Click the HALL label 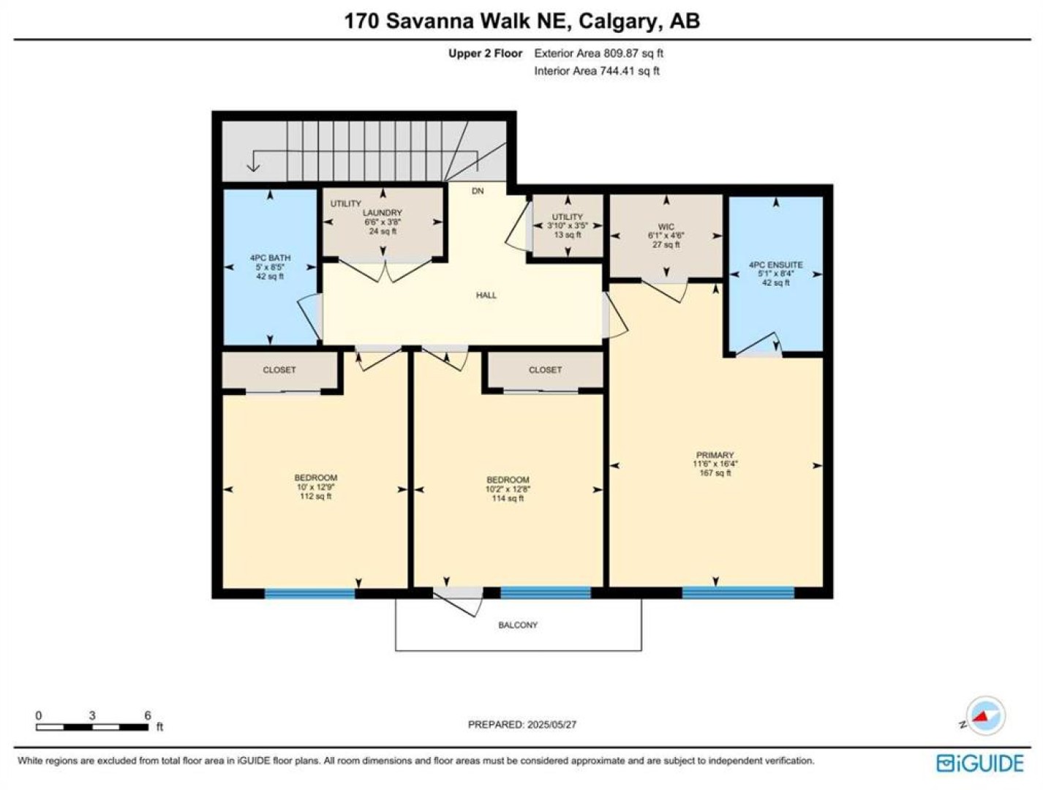pyautogui.click(x=486, y=295)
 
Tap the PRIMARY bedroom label pyautogui.click(x=715, y=455)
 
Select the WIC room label pyautogui.click(x=666, y=227)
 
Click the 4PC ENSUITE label pyautogui.click(x=775, y=265)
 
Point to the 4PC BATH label pyautogui.click(x=270, y=258)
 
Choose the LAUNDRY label pyautogui.click(x=383, y=213)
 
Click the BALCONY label pyautogui.click(x=518, y=625)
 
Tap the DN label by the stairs pyautogui.click(x=478, y=191)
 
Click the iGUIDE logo pyautogui.click(x=980, y=763)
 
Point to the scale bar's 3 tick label pyautogui.click(x=92, y=715)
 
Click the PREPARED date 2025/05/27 pyautogui.click(x=551, y=724)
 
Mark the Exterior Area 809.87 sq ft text pyautogui.click(x=599, y=53)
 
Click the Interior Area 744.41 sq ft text pyautogui.click(x=597, y=71)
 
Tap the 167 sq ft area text pyautogui.click(x=715, y=473)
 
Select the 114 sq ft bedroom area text pyautogui.click(x=508, y=498)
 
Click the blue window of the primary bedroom pyautogui.click(x=738, y=592)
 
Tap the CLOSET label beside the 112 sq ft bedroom pyautogui.click(x=279, y=369)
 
